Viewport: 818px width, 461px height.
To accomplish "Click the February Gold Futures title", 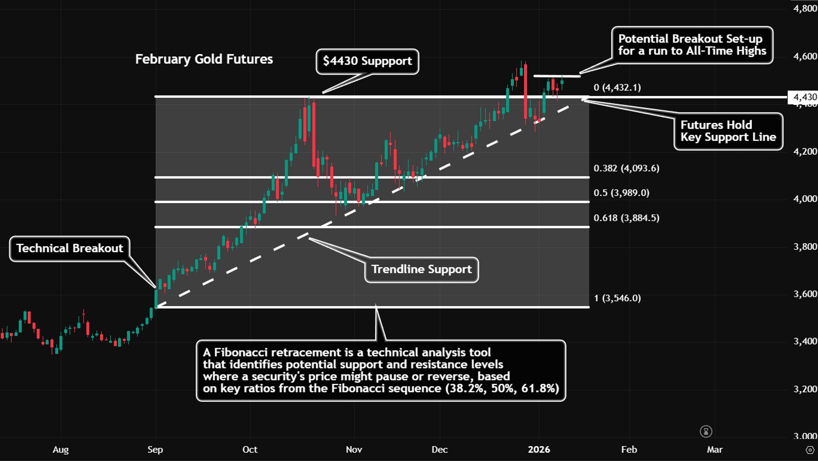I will (204, 59).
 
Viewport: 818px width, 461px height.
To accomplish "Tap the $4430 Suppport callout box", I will (367, 61).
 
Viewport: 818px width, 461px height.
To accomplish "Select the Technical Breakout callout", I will (69, 248).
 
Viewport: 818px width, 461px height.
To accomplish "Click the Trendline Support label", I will (421, 270).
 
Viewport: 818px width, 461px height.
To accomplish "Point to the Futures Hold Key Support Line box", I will (728, 131).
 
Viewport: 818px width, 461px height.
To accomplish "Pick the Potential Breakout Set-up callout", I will (692, 45).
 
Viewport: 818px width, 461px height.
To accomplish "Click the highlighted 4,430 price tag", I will (804, 97).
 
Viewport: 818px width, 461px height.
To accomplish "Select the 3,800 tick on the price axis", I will (805, 246).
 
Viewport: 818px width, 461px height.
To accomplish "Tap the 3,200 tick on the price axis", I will (805, 389).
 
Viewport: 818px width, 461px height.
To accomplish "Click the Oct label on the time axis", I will (250, 449).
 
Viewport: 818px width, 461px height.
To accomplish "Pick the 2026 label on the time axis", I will (539, 449).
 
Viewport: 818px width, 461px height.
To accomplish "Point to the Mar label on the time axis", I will (714, 449).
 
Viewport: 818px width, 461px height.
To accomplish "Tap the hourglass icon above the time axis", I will (706, 432).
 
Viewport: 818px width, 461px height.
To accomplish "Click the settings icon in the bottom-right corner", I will (810, 450).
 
